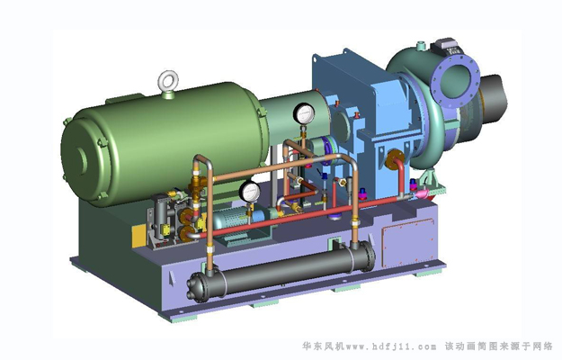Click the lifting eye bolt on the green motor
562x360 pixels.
168,79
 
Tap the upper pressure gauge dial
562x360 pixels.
304,113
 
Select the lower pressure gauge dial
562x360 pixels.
250,192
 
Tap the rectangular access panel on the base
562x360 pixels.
409,243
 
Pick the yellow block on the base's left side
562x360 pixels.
139,235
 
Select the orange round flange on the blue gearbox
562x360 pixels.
394,158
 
